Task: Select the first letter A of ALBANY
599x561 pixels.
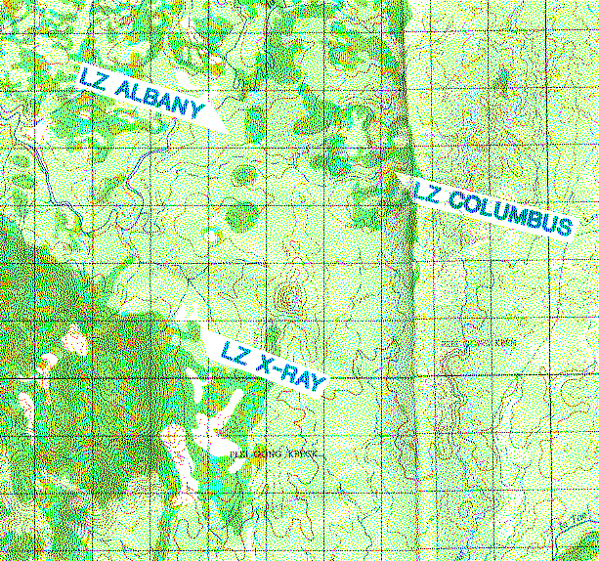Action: point(123,90)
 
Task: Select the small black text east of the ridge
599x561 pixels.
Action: point(479,343)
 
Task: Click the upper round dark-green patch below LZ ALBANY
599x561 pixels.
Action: point(243,176)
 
